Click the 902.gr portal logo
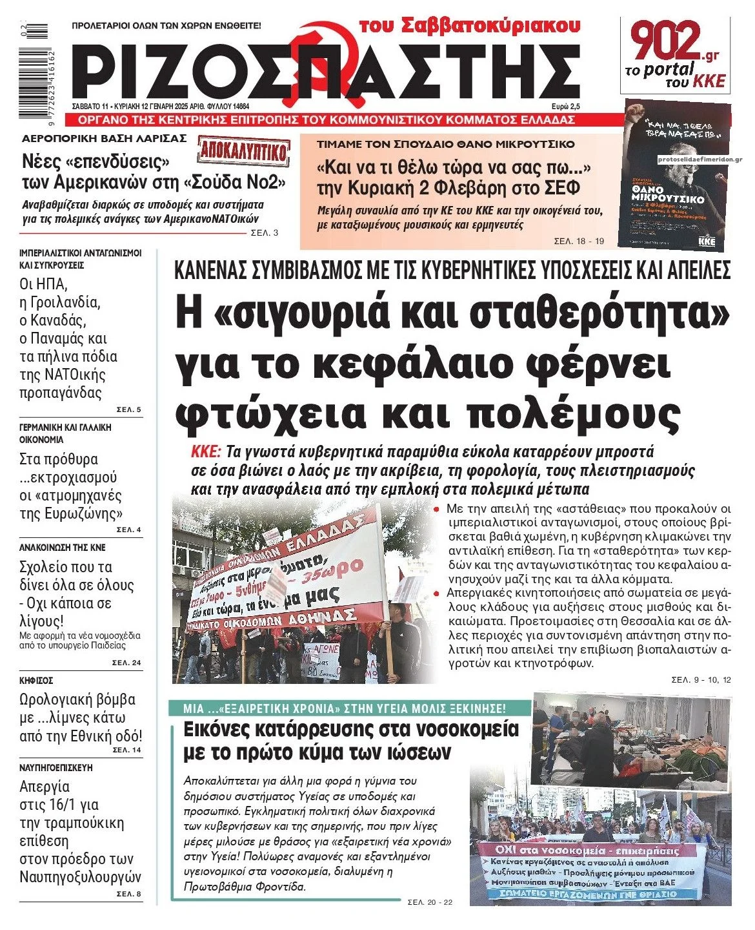(x=675, y=54)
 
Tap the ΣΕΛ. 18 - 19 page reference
(x=579, y=242)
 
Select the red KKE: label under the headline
(x=206, y=451)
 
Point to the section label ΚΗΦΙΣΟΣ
(x=36, y=681)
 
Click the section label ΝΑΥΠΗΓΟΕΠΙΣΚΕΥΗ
(x=56, y=768)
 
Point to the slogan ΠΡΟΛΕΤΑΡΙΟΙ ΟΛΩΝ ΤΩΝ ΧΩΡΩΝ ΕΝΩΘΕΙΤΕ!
(x=166, y=26)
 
